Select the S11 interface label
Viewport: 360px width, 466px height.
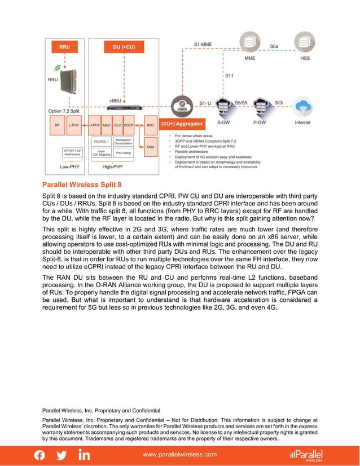(230, 75)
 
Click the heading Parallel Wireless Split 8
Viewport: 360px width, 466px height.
(82, 184)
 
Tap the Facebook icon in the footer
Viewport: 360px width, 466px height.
(40, 455)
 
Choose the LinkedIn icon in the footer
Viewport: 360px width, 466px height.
(84, 455)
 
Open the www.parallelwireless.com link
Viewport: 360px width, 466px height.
(180, 454)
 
